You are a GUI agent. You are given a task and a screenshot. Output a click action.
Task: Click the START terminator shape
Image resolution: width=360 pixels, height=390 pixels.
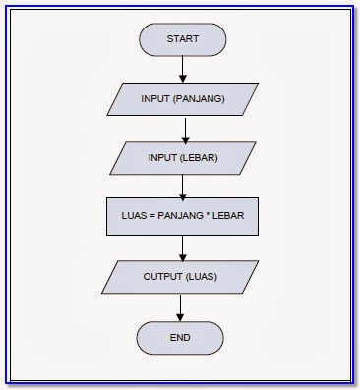(183, 40)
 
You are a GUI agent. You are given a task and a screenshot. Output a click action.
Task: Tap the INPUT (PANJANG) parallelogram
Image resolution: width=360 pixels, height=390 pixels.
(183, 99)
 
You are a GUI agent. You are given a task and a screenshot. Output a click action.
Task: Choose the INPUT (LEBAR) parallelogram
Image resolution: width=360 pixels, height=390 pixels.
(183, 158)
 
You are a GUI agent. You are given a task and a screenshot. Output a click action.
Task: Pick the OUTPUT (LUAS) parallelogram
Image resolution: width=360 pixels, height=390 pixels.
(183, 277)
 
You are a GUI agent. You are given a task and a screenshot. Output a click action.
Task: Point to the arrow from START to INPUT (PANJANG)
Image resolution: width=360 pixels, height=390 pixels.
(183, 70)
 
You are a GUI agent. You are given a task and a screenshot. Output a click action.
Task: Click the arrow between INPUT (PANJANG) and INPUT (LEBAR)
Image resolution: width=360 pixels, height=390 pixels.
(183, 130)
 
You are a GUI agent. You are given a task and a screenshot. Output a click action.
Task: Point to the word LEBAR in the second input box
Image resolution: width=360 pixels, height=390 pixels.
(201, 158)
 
